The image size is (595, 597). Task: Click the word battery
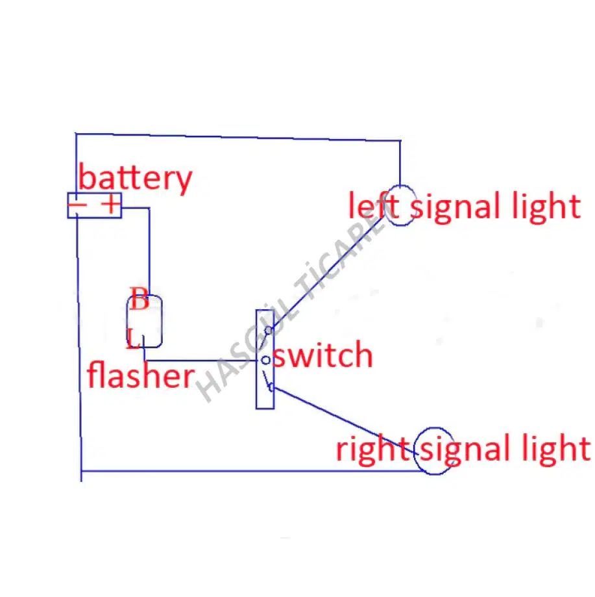[x=135, y=178]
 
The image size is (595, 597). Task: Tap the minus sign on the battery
[x=79, y=205]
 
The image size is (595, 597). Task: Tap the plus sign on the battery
[x=112, y=205]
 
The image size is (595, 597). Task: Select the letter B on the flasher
[x=140, y=300]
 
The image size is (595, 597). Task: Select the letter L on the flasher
[x=132, y=338]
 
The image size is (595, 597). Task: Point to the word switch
[x=322, y=355]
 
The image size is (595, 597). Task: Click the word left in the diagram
[x=372, y=207]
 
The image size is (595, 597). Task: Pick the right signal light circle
[x=433, y=451]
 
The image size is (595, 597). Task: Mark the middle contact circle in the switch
[x=265, y=360]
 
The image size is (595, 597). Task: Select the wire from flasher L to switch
[x=201, y=360]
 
